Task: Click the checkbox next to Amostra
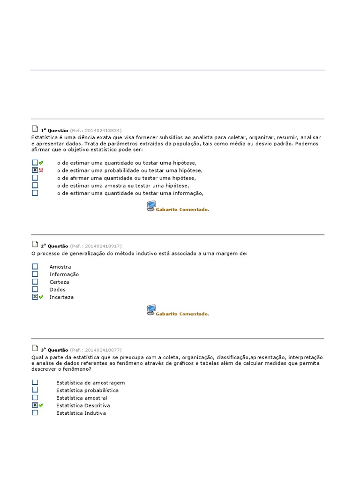[x=35, y=267]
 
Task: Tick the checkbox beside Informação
[x=35, y=274]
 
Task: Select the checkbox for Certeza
[x=35, y=282]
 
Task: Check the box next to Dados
[x=35, y=289]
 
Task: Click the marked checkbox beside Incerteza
[x=35, y=297]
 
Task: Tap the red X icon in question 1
[x=41, y=170]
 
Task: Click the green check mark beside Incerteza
[x=41, y=297]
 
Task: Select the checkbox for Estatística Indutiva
[x=35, y=413]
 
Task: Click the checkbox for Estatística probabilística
[x=35, y=390]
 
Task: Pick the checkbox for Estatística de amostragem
[x=35, y=382]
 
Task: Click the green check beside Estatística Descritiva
[x=41, y=405]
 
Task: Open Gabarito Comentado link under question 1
[x=182, y=210]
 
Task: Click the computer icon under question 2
[x=151, y=310]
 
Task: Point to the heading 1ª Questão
[x=54, y=130]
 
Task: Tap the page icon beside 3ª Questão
[x=35, y=349]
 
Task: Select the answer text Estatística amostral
[x=82, y=398]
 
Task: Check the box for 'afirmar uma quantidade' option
[x=35, y=178]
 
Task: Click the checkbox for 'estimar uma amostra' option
[x=35, y=185]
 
